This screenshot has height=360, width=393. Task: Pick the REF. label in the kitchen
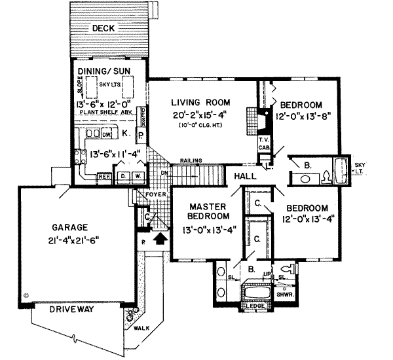(x=103, y=175)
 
